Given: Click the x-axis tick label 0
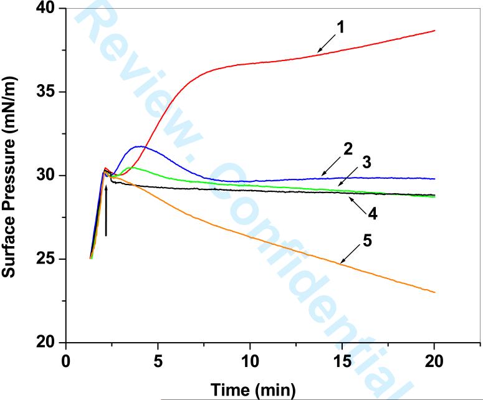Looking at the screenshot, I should (66, 361).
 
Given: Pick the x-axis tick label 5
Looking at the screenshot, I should (158, 361).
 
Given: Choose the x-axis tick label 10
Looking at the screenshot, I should (250, 361).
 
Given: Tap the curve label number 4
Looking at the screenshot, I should (373, 213).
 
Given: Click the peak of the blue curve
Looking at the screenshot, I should (141, 146).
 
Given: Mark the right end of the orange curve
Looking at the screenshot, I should (434, 292).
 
